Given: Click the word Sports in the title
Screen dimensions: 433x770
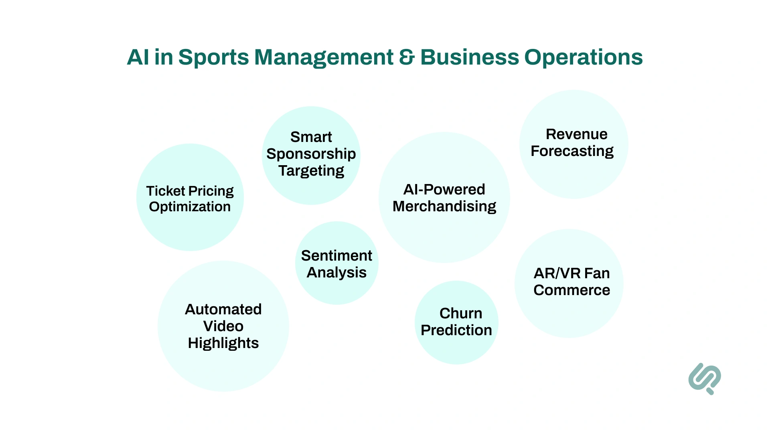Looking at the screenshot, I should point(213,57).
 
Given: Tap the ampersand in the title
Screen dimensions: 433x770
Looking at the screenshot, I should point(407,57).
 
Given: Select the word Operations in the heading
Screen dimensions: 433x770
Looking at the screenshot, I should point(583,57).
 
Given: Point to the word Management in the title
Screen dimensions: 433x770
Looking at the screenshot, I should point(324,57).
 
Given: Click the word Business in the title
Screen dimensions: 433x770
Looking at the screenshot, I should point(470,57).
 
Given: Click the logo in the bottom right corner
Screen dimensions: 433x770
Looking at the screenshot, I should point(705,378).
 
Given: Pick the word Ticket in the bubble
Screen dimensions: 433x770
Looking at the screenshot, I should point(166,191).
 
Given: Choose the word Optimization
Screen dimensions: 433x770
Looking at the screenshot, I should point(190,207).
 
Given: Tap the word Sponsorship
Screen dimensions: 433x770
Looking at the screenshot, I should point(311,154).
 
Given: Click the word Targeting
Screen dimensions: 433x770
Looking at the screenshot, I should point(311,171).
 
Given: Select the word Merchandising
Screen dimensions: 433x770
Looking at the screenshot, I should point(444,206).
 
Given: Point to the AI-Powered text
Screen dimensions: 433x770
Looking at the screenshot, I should point(444,189).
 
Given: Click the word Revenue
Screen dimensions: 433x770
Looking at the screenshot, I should point(576,134).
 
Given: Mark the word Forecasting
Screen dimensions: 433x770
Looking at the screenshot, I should point(572,151).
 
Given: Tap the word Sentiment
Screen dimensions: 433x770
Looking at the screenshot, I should point(336,256).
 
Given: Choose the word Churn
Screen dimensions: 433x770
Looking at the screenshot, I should point(461,314).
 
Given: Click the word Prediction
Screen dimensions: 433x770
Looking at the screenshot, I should point(456,330).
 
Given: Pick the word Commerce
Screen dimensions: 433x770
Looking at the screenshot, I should point(571,290).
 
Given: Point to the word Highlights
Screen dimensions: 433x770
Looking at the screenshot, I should point(223,343).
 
